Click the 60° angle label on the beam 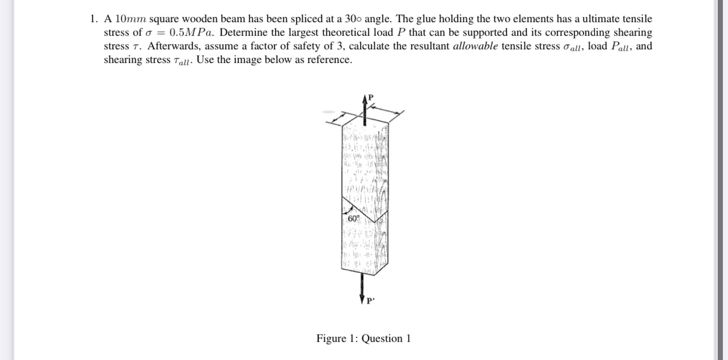[x=353, y=219]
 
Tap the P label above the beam [x=371, y=97]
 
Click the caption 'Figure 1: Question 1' [x=363, y=338]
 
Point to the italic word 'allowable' [x=475, y=46]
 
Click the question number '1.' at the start [x=94, y=19]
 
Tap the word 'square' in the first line [x=163, y=19]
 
